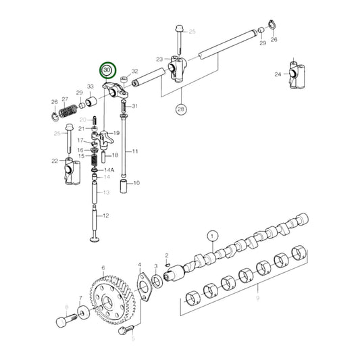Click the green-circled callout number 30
click(107, 70)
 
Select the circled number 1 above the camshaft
click(213, 236)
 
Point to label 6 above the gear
click(103, 268)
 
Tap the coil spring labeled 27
click(66, 105)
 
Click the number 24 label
click(278, 74)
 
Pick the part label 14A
click(109, 172)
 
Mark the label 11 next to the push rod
click(134, 151)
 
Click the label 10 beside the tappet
click(136, 183)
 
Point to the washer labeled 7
click(82, 312)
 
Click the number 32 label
click(134, 71)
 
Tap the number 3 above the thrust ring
click(156, 267)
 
